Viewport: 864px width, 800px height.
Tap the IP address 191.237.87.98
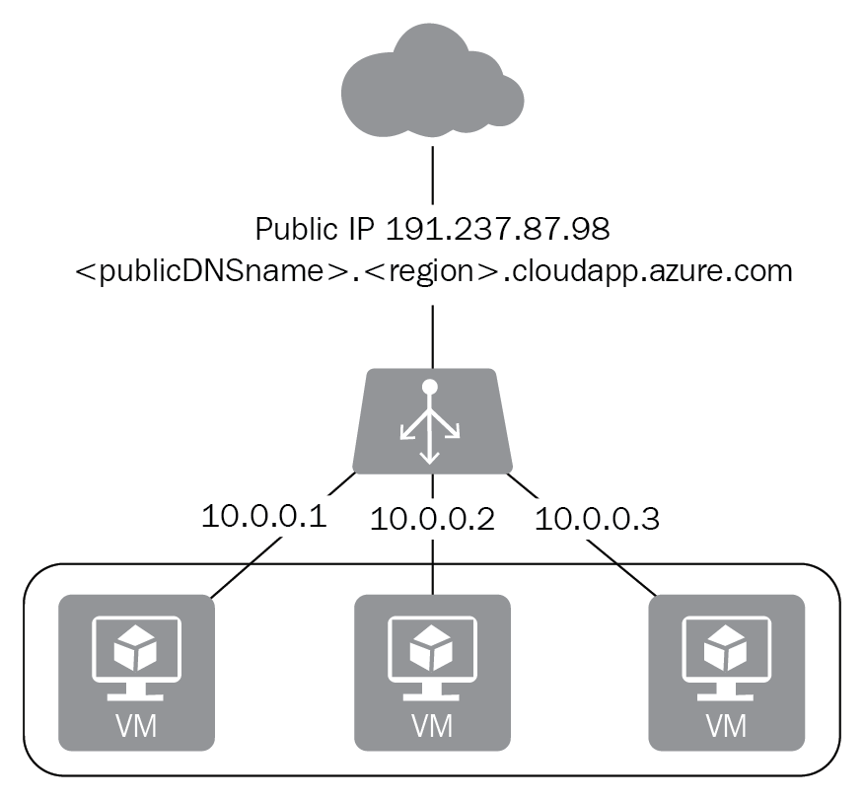pyautogui.click(x=498, y=229)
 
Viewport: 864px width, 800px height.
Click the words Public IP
pyautogui.click(x=317, y=229)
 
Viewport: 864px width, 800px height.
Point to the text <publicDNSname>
pyautogui.click(x=213, y=270)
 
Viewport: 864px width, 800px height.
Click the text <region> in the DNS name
pyautogui.click(x=430, y=270)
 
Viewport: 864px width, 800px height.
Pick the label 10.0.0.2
pyautogui.click(x=431, y=519)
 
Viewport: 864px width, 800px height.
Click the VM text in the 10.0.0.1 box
pyautogui.click(x=137, y=727)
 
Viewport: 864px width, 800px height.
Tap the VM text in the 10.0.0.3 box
pyautogui.click(x=726, y=727)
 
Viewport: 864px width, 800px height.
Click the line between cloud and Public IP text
pyautogui.click(x=432, y=178)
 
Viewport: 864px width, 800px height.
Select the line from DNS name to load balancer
pyautogui.click(x=432, y=335)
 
